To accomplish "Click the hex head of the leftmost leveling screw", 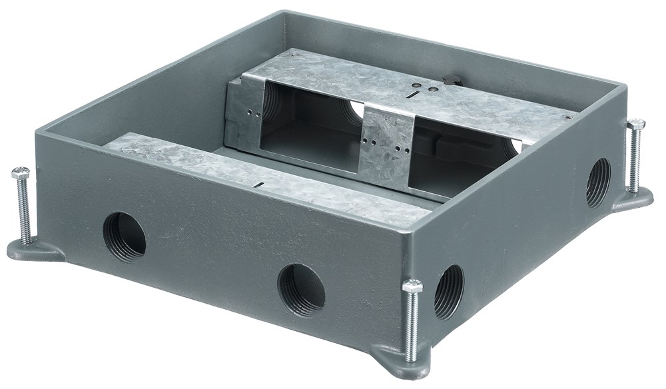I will click(x=21, y=173).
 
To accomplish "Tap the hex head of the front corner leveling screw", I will click(x=412, y=286).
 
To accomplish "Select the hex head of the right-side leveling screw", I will click(x=636, y=125).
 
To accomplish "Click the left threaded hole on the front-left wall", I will click(x=125, y=236).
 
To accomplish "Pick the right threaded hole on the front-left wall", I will click(x=301, y=289).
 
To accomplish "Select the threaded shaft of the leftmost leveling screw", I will click(x=24, y=210).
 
